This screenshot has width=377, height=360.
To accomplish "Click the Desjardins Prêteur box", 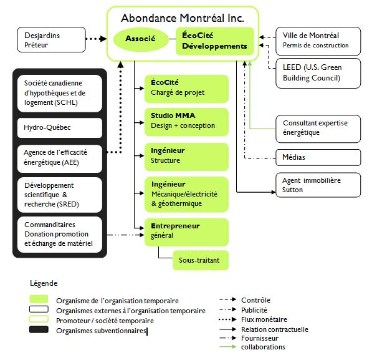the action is pos(51,40).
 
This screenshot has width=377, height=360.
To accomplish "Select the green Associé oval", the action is pos(141,39).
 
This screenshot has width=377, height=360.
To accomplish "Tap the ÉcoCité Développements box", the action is pos(215,41).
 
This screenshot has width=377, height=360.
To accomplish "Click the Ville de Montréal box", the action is pos(318,41).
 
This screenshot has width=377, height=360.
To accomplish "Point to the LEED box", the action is pos(318,73).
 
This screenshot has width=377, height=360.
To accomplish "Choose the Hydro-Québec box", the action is pos(60,128).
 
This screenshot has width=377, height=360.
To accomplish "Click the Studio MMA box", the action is pos(186,122).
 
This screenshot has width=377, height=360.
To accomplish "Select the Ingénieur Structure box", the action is pos(186,157).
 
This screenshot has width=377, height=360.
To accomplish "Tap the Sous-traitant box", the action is pos(201,260).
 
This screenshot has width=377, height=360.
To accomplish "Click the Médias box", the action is pos(318,157).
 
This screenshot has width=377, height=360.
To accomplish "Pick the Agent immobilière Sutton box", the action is pos(318,185).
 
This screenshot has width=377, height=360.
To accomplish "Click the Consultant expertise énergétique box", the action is pos(318,129).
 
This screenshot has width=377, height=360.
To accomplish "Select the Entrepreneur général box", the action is pos(186,232).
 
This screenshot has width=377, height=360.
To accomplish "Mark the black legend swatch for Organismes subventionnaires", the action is pos(39,329).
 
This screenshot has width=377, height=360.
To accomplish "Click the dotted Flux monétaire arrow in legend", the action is pos(227,319).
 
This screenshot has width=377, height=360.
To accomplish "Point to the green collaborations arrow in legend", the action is pos(227,347).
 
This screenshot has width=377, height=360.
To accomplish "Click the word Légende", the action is pos(44,283).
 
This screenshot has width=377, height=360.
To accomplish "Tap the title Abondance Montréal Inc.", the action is pos(183,18).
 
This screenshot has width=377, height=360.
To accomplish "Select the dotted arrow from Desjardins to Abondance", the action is pos(97,39).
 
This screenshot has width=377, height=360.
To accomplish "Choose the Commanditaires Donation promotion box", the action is pos(60,235).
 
